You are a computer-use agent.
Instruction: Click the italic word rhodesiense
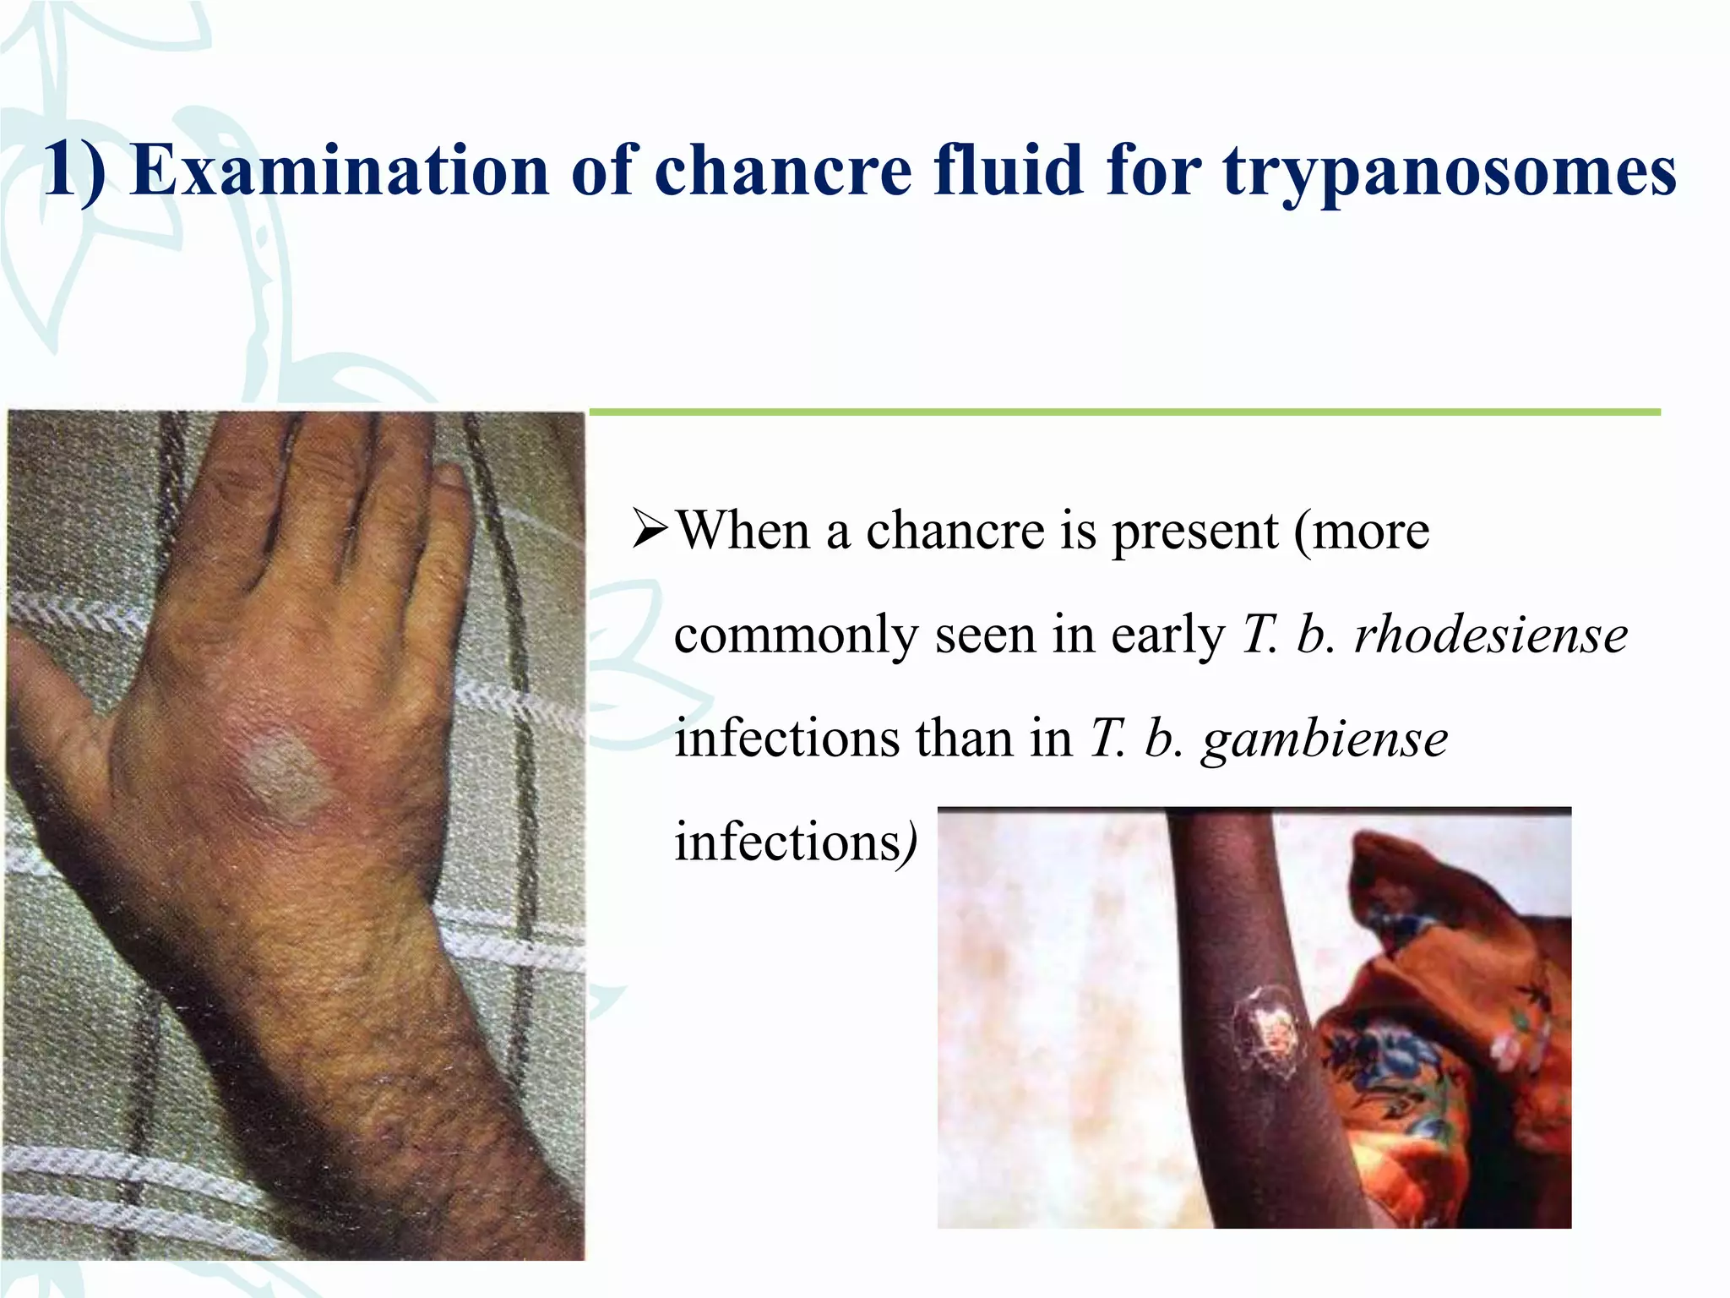(1491, 635)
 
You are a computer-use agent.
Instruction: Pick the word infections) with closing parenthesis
(795, 842)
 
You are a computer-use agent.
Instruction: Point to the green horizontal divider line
(1123, 412)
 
